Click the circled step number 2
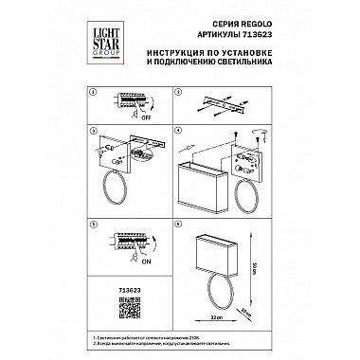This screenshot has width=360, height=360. tap(179, 93)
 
